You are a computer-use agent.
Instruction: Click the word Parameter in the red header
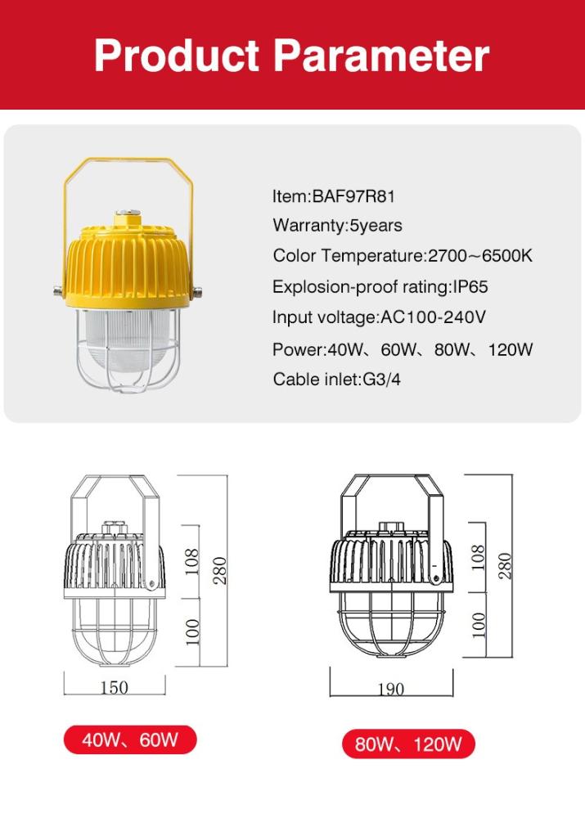point(381,56)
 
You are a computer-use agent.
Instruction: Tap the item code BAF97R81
point(353,196)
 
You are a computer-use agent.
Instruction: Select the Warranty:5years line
point(337,226)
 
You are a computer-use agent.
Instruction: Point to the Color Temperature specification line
point(403,255)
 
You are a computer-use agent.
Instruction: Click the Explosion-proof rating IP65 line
point(380,286)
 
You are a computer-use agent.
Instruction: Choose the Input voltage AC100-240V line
point(379,317)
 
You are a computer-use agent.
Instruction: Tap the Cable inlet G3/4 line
point(336,380)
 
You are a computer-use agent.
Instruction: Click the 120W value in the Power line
point(510,349)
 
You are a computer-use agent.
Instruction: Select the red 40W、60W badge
point(130,739)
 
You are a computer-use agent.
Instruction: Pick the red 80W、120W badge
point(408,744)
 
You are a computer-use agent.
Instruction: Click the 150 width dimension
point(114,687)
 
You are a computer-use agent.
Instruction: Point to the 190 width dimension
point(391,689)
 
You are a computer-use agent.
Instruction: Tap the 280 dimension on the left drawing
point(220,570)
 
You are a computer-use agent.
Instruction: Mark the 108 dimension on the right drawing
point(478,557)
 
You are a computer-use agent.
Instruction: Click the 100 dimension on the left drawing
point(192,631)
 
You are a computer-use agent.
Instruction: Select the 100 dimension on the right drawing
point(478,625)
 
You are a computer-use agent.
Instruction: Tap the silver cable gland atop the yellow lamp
point(128,213)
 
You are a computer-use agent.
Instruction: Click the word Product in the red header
point(177,56)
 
